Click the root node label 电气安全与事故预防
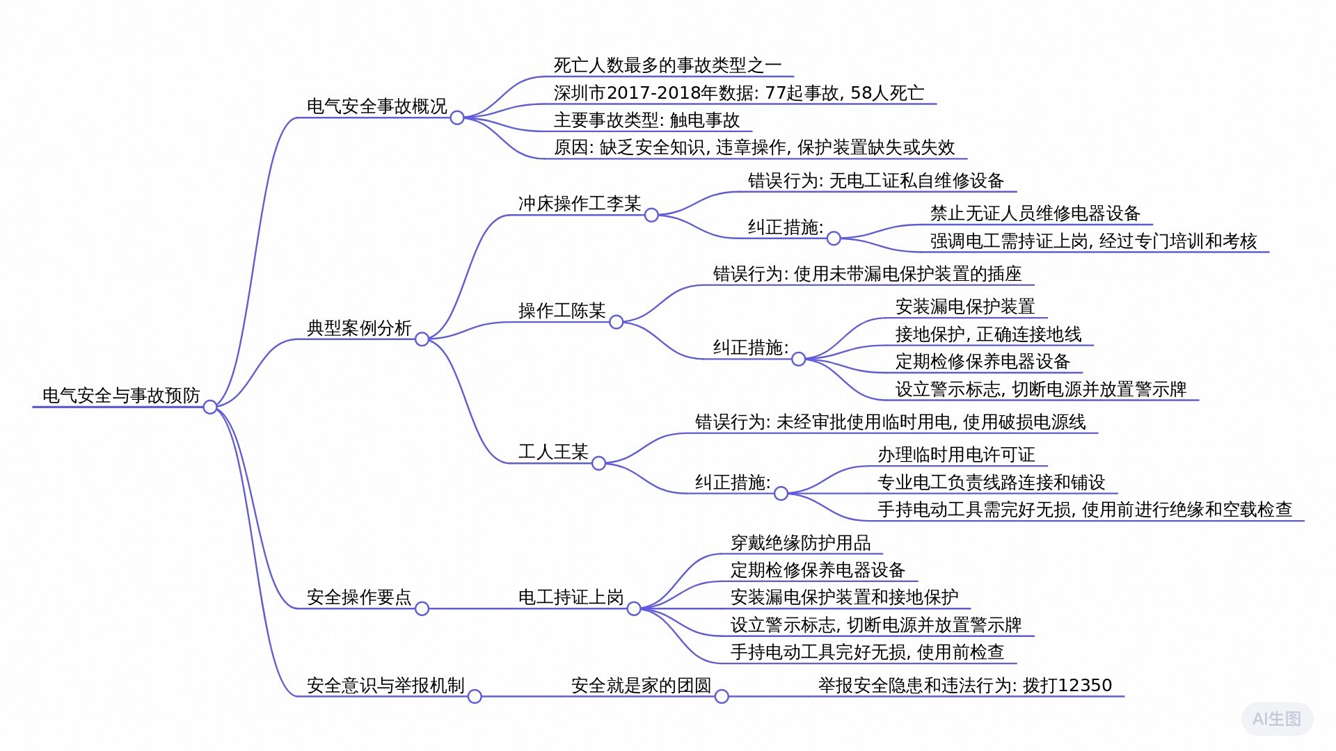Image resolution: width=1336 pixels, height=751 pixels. (x=121, y=395)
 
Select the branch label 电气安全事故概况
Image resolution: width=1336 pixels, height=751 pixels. (x=376, y=106)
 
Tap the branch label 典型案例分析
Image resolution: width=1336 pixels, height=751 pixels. (x=359, y=328)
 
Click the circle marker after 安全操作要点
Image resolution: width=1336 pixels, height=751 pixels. (x=422, y=608)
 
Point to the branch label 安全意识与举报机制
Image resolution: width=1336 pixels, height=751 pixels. (x=385, y=685)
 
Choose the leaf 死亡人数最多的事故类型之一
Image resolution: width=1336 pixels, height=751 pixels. (x=667, y=65)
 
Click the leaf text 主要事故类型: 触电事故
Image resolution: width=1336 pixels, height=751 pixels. (x=646, y=120)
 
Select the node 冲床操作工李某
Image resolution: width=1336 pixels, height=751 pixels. (x=579, y=203)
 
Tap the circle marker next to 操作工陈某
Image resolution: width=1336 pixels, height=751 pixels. (x=617, y=322)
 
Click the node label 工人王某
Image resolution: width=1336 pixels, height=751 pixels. (x=553, y=451)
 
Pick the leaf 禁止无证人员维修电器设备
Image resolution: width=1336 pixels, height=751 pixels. (x=1035, y=213)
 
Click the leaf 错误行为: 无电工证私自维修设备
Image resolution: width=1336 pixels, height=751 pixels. (x=875, y=180)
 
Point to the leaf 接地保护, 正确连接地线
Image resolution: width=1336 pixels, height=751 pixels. (x=988, y=334)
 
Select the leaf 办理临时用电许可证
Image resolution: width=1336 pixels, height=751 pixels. (x=956, y=454)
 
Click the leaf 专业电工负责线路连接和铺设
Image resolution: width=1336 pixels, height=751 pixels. (x=991, y=482)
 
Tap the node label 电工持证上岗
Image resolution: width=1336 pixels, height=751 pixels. (x=571, y=597)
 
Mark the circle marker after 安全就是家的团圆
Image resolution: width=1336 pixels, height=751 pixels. (x=722, y=696)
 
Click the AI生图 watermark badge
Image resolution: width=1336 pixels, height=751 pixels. (x=1277, y=718)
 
